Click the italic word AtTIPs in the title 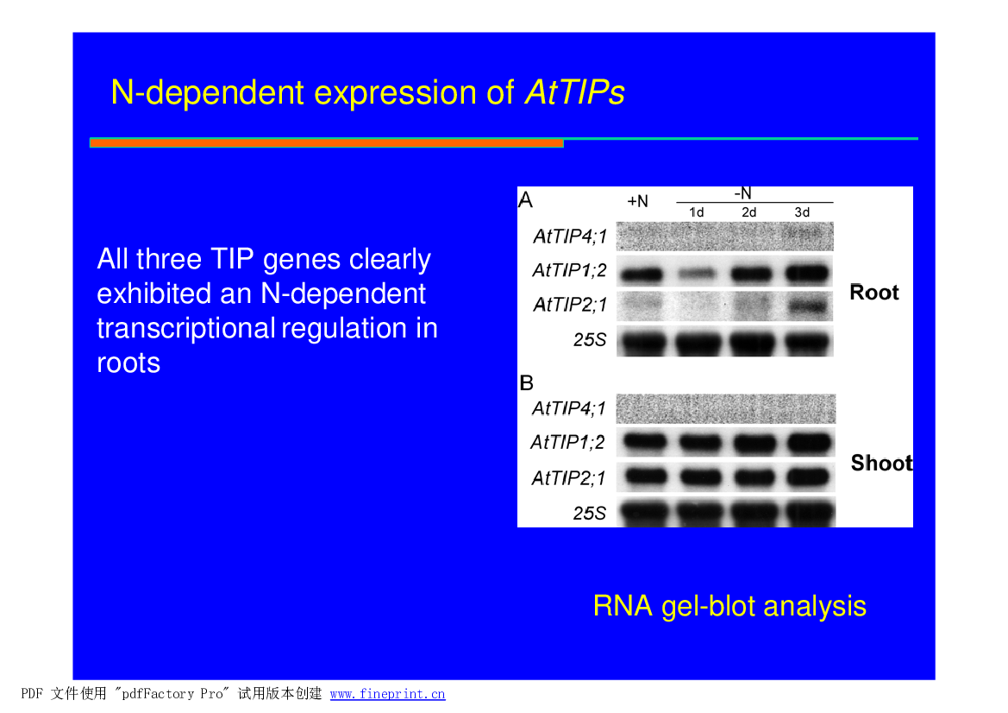(575, 92)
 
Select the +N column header (638, 201)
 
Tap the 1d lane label (696, 212)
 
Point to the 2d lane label (749, 212)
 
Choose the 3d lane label (802, 212)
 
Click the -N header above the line (742, 193)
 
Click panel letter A (526, 200)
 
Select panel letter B (527, 383)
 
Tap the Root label (873, 293)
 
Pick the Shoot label (881, 463)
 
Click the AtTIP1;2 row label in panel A (570, 270)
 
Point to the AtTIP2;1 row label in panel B (568, 478)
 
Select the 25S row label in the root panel (590, 339)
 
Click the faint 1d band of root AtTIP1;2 (698, 274)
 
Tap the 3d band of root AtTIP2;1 (807, 307)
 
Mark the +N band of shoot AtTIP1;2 (646, 442)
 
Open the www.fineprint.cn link (388, 694)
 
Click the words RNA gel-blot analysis (729, 606)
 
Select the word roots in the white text (128, 363)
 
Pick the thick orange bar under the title (327, 142)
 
